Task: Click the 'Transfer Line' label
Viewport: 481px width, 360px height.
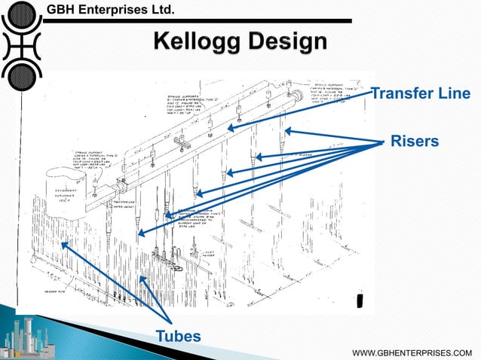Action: click(421, 93)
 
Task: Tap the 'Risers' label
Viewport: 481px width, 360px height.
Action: click(415, 142)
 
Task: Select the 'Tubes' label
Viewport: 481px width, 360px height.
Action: click(178, 335)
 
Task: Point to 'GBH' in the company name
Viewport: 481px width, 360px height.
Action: click(63, 10)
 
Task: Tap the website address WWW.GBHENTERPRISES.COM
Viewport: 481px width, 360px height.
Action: click(418, 352)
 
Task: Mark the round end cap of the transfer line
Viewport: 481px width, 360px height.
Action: click(298, 96)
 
